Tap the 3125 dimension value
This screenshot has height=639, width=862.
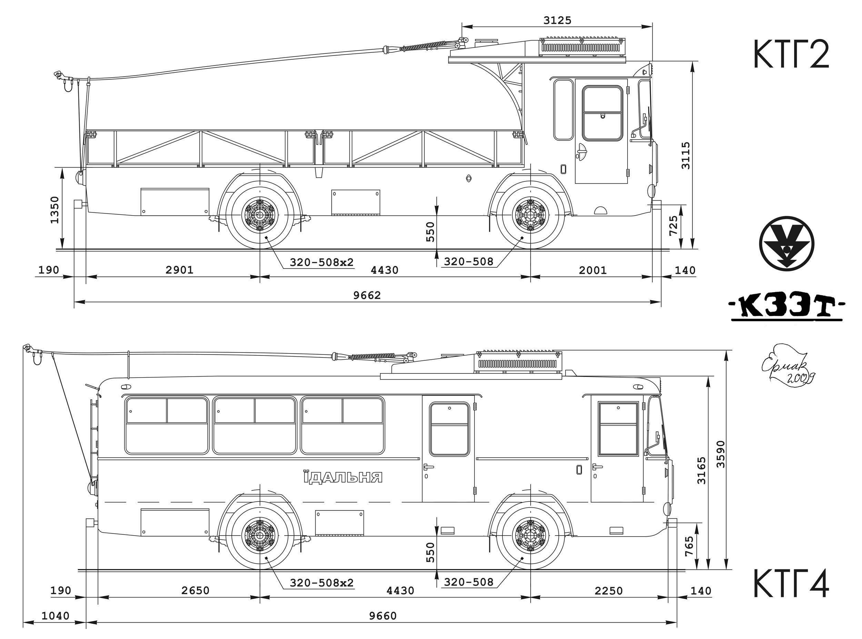pos(557,20)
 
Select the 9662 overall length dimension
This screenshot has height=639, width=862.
pos(367,296)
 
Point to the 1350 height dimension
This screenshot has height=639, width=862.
pos(54,210)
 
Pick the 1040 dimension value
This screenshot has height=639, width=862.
pos(55,616)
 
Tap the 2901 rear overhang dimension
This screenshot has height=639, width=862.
pos(179,270)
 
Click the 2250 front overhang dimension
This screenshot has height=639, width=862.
pos(609,591)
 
